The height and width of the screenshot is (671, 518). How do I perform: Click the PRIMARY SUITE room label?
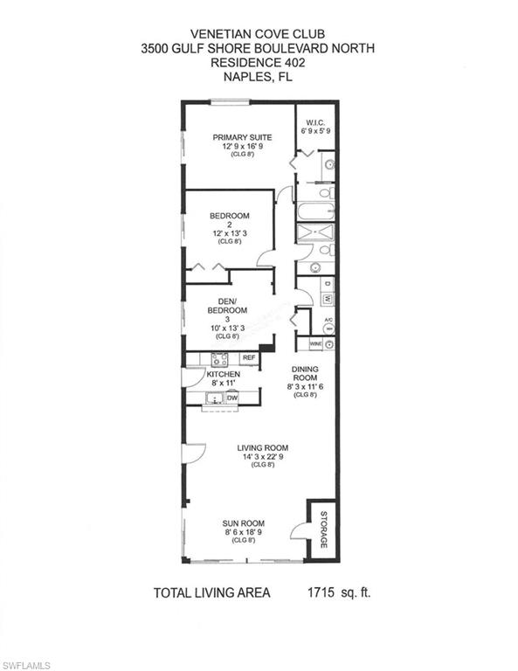(x=242, y=137)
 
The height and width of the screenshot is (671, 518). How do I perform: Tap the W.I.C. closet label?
(x=315, y=123)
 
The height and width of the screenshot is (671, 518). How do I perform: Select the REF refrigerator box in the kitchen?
(x=249, y=357)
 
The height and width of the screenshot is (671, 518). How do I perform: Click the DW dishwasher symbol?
(x=232, y=398)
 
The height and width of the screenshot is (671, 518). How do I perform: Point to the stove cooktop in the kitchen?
(x=219, y=359)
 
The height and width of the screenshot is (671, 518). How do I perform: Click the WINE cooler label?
(x=315, y=343)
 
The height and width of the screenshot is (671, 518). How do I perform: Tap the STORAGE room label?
(x=324, y=529)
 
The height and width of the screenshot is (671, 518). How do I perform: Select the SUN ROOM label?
(x=244, y=523)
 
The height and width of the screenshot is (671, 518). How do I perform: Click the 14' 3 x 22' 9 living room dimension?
(x=263, y=457)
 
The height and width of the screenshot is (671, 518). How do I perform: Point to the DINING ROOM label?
(x=305, y=373)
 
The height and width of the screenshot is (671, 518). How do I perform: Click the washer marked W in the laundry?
(x=328, y=298)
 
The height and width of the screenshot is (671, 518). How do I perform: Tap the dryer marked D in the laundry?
(x=328, y=283)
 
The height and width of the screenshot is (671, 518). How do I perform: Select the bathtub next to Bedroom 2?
(x=315, y=211)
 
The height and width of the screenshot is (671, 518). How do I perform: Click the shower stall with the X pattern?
(x=315, y=232)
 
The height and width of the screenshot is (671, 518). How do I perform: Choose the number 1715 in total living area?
(x=321, y=592)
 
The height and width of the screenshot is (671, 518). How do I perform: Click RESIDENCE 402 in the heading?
(x=258, y=63)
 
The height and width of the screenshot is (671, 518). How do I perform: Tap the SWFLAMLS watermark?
(x=25, y=666)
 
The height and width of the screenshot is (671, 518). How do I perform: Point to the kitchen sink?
(x=214, y=398)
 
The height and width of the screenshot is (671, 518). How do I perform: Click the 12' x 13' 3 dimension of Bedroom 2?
(x=230, y=233)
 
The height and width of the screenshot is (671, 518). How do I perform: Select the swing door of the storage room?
(x=297, y=531)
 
